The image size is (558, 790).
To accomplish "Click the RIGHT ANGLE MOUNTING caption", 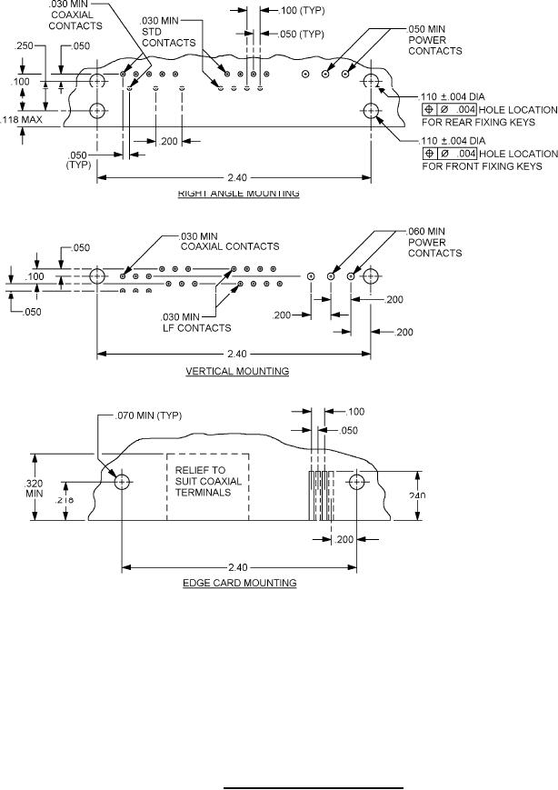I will [238, 193].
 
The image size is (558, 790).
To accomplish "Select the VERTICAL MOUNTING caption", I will [237, 371].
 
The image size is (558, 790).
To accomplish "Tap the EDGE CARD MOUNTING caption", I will [239, 583].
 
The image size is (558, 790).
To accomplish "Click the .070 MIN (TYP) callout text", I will [150, 415].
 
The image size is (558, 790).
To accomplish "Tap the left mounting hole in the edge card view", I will [121, 481].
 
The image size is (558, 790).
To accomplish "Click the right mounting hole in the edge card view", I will [356, 481].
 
